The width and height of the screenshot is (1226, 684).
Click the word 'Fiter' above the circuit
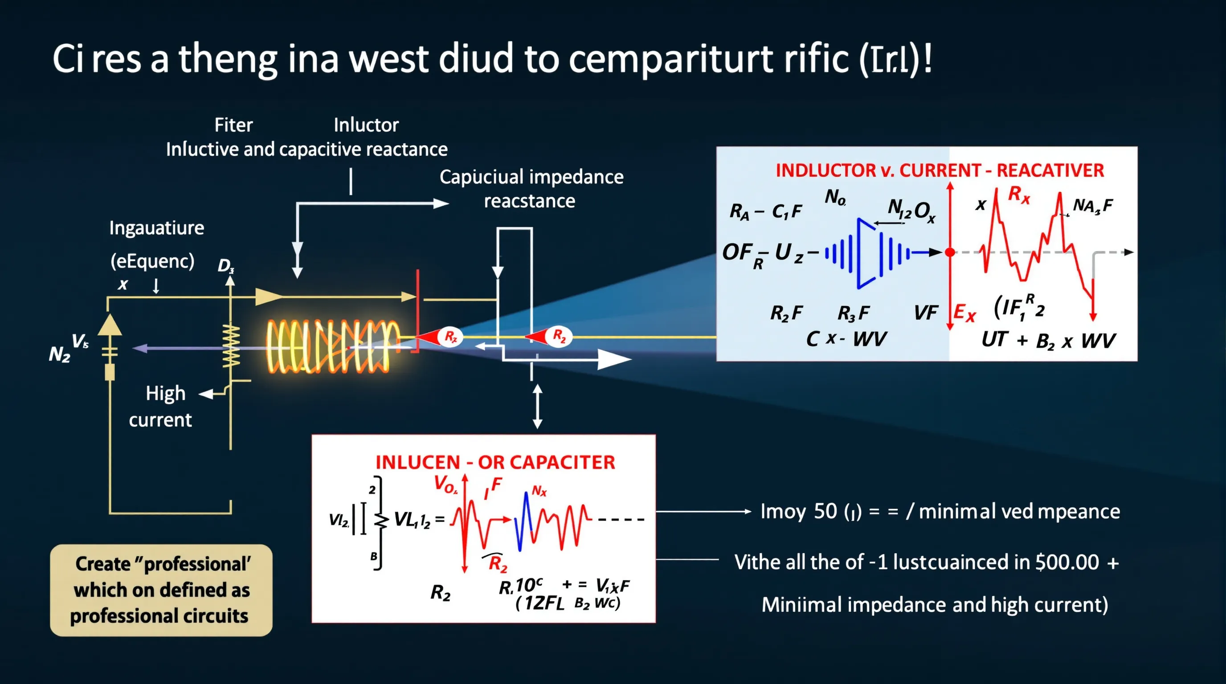(x=233, y=125)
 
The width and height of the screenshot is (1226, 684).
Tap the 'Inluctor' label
(x=366, y=125)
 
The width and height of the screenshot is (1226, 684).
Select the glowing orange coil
(x=333, y=346)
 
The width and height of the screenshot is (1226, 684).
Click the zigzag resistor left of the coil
(x=231, y=346)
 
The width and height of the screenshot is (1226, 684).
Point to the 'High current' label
(x=162, y=407)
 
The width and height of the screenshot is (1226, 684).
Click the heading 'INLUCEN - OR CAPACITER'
(x=495, y=462)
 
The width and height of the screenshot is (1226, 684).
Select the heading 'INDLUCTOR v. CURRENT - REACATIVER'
(x=940, y=170)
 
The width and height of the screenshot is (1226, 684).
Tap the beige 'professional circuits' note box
(x=161, y=590)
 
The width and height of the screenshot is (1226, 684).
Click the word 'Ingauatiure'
(x=156, y=228)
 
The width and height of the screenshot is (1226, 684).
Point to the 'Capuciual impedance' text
(x=531, y=177)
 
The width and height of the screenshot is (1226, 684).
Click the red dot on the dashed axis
(x=950, y=252)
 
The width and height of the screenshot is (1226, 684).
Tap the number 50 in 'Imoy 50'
(x=825, y=511)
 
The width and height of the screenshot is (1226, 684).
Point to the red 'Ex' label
(x=964, y=313)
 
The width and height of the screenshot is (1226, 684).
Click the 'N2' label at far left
(x=60, y=354)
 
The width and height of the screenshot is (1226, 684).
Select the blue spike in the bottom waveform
(x=525, y=521)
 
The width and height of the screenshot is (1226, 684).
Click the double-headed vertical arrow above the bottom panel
(x=537, y=407)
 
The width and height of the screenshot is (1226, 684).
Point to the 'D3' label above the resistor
(x=225, y=265)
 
